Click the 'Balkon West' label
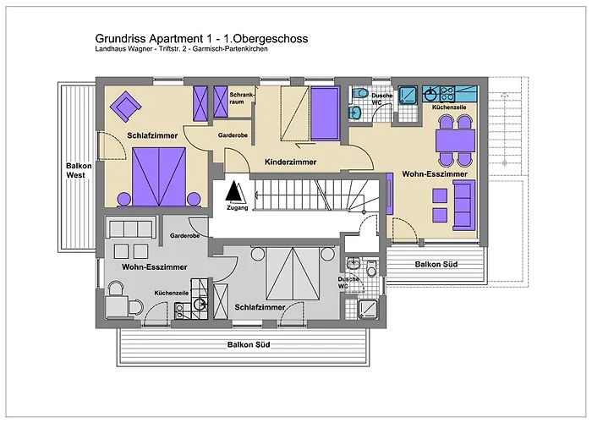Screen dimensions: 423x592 point(79,172)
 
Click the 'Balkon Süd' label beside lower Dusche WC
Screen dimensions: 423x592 point(436,265)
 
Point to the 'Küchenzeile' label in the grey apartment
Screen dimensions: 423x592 point(172,292)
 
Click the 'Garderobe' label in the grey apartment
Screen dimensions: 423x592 point(184,235)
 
